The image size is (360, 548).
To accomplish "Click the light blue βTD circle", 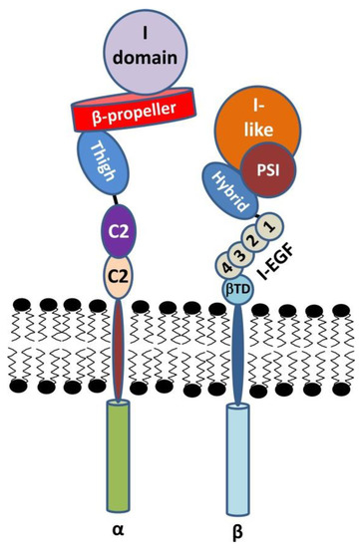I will click(234, 288).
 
